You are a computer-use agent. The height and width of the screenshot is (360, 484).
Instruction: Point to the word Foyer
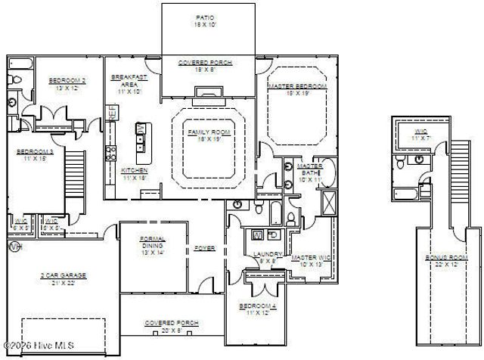point(205,247)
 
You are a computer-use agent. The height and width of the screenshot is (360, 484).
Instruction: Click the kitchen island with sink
point(141,138)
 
